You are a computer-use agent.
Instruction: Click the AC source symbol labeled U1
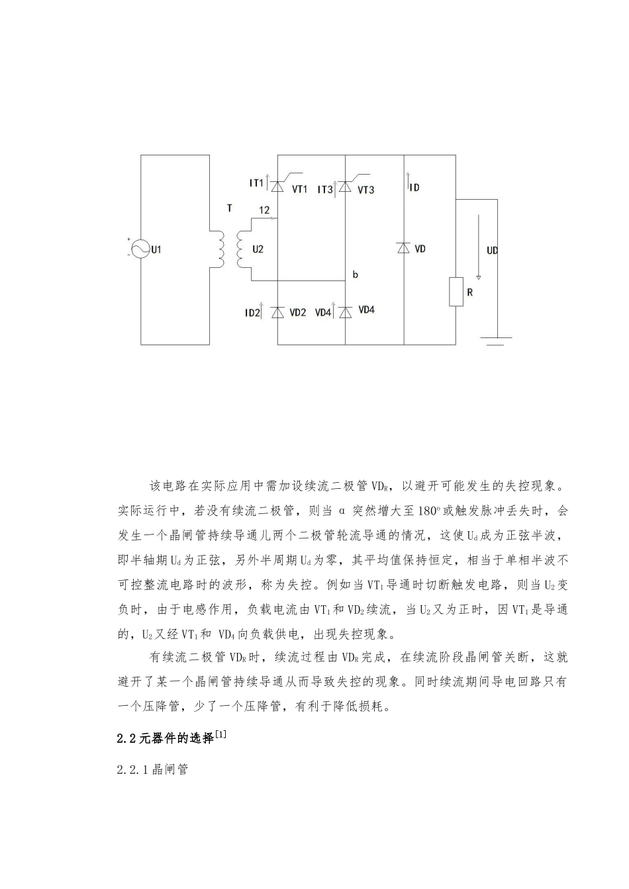tap(140, 249)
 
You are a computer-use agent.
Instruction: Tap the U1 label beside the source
tap(157, 250)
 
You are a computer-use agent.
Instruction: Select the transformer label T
tap(230, 208)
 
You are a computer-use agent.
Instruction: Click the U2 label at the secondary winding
tap(258, 249)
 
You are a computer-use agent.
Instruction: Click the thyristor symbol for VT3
tap(345, 187)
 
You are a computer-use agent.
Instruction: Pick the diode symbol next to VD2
tap(277, 311)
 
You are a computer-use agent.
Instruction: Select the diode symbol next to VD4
tap(345, 311)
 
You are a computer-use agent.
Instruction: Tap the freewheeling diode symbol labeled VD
tap(404, 248)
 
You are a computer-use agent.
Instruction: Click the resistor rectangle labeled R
tap(456, 292)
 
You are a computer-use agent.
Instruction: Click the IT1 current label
tap(256, 183)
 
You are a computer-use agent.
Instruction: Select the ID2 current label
tap(252, 312)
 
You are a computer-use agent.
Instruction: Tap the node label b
tap(356, 274)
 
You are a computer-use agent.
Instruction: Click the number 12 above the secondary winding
tap(264, 210)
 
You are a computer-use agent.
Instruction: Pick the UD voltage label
tap(493, 251)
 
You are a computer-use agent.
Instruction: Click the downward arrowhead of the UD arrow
tap(479, 276)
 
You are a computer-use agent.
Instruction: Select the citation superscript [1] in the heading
tap(221, 734)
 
